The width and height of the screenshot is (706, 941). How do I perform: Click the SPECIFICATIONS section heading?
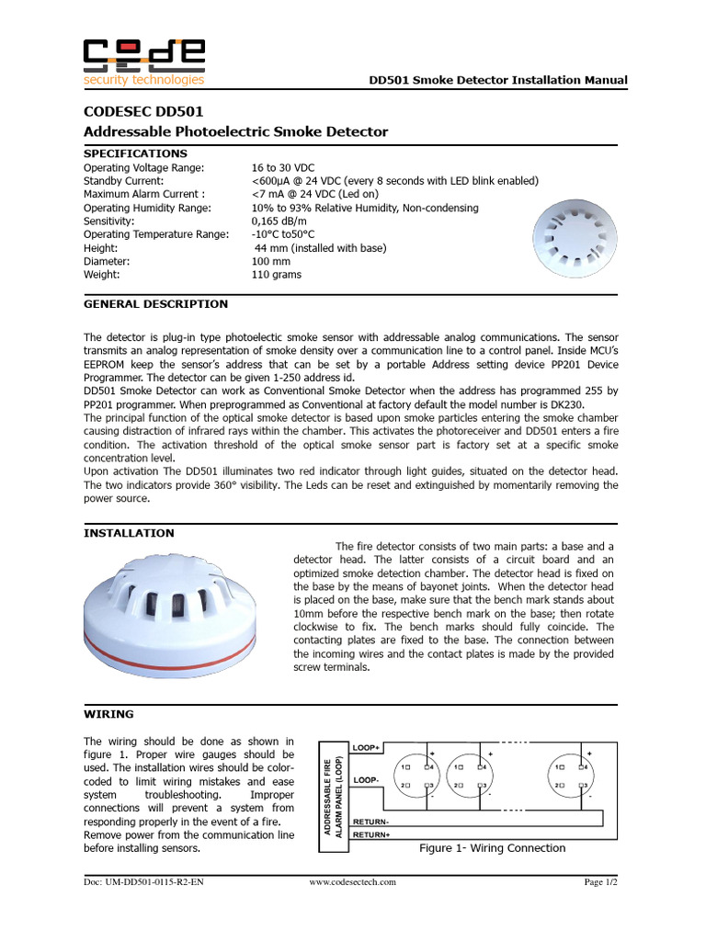(135, 153)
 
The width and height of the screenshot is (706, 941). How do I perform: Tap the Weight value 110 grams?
(276, 275)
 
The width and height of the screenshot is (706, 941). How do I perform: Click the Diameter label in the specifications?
(108, 261)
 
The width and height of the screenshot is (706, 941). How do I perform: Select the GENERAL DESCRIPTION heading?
(155, 304)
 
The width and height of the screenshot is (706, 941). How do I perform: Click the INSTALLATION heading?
(129, 533)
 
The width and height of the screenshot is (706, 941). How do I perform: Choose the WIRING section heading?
(108, 714)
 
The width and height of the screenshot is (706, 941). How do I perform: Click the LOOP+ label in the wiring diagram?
(367, 748)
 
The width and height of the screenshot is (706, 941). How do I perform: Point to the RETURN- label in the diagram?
(371, 821)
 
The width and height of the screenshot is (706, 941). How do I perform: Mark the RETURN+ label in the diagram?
(371, 834)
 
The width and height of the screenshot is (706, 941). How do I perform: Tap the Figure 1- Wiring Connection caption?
(492, 848)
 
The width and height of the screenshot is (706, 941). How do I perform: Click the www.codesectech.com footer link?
(352, 882)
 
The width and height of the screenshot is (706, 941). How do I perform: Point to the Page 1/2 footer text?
(601, 882)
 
